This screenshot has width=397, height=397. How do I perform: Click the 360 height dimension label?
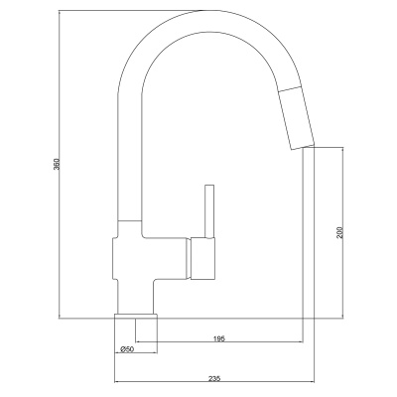point(57,165)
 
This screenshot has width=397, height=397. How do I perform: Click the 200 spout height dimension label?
point(342,232)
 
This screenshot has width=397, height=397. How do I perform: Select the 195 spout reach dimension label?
point(219,338)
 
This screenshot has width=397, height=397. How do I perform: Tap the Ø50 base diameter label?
point(127,349)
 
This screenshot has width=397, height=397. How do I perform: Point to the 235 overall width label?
point(215,378)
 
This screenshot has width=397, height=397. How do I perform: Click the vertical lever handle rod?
point(209,211)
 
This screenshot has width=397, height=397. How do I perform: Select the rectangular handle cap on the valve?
point(202,258)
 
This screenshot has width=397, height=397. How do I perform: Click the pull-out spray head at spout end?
point(296,118)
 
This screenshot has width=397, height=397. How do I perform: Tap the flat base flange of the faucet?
point(136,317)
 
